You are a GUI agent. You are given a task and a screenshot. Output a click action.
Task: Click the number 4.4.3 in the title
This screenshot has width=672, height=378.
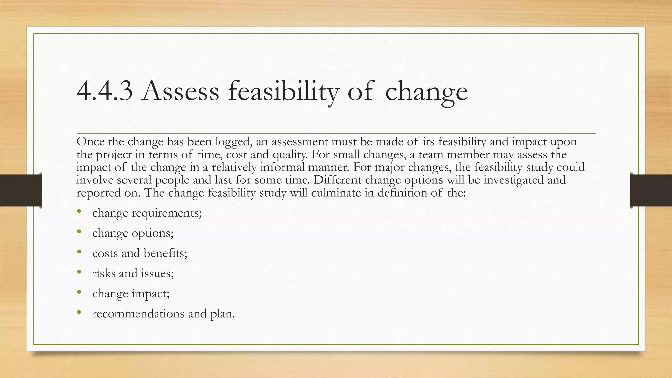(x=105, y=91)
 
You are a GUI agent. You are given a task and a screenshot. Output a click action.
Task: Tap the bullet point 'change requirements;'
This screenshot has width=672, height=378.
(x=147, y=213)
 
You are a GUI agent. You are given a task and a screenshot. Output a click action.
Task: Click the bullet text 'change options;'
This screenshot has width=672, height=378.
(x=133, y=233)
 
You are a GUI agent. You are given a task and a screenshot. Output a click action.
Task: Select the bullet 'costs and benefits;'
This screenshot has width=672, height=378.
(x=140, y=253)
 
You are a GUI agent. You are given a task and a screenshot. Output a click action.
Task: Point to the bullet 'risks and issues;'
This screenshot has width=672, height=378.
(x=133, y=273)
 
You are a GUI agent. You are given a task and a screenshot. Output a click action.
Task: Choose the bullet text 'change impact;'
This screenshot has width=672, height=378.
(x=131, y=293)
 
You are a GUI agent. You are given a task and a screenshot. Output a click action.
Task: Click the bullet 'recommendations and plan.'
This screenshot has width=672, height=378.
(x=163, y=313)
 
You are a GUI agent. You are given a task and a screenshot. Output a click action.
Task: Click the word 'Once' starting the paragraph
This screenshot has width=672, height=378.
(x=91, y=142)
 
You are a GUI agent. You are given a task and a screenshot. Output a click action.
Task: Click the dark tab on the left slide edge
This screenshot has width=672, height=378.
(x=21, y=190)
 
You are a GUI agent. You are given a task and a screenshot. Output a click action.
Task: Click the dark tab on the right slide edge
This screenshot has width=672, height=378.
(x=651, y=190)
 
